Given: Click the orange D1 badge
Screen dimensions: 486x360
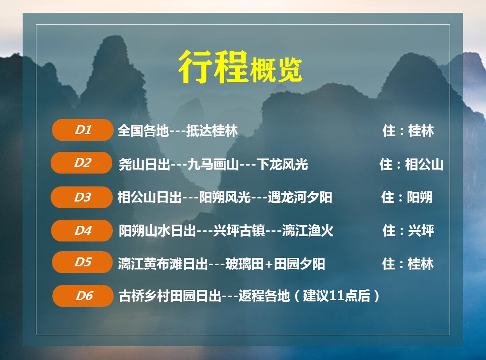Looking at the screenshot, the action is [x=83, y=130].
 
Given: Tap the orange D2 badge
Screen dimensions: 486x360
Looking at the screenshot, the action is [x=82, y=163].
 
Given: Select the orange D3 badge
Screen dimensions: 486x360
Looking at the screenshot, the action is [x=82, y=197].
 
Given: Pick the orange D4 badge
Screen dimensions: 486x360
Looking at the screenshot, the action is [x=82, y=231].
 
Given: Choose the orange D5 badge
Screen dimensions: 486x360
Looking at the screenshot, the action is [x=83, y=262].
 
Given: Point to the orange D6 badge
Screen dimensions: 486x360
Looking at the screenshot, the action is [x=83, y=296].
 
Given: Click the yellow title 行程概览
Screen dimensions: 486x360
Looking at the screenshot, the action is [x=240, y=67].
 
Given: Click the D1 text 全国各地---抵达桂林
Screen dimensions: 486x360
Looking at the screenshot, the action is [x=178, y=131].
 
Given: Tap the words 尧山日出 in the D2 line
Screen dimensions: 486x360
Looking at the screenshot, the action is [x=144, y=164].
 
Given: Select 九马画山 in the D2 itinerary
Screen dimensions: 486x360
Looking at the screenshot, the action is [x=213, y=164].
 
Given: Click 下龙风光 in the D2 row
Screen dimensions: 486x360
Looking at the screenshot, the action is [x=282, y=164].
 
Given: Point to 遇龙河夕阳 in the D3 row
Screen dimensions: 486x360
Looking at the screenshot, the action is [x=300, y=197].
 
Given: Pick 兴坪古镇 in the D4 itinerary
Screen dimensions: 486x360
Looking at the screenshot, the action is [x=239, y=231].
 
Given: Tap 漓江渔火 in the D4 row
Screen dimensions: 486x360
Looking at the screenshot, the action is [x=308, y=231].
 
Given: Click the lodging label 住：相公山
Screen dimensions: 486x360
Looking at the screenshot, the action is [x=411, y=164].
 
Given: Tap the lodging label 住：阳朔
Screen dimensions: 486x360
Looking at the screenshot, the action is [x=407, y=197].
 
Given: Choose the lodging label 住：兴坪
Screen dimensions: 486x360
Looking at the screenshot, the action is [x=408, y=231].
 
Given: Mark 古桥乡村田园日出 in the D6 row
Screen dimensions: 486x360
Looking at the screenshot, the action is [x=170, y=296].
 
